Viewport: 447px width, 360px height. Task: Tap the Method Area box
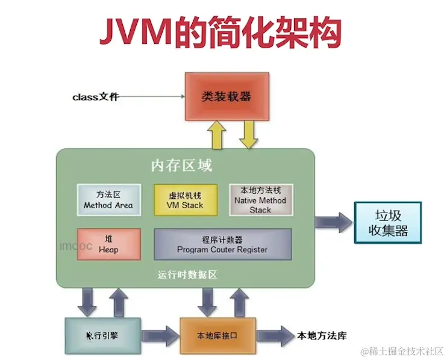(x=108, y=200)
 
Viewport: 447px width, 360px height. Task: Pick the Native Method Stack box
(x=260, y=200)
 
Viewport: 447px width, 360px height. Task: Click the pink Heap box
(x=108, y=244)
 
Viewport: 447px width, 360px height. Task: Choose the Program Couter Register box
(x=222, y=244)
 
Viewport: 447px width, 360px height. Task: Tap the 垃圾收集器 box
(x=387, y=223)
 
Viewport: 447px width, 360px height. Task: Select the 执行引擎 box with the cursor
(x=102, y=335)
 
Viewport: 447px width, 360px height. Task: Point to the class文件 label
(x=96, y=96)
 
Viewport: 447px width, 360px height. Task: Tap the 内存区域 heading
(x=181, y=166)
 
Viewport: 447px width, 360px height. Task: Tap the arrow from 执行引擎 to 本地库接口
(x=160, y=335)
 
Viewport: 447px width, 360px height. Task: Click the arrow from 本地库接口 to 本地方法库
(x=275, y=335)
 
